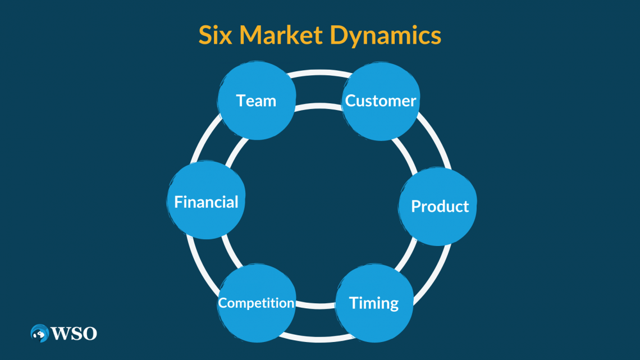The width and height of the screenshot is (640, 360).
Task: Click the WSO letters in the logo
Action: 75,334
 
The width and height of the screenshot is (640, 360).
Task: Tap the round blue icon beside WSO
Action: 39,333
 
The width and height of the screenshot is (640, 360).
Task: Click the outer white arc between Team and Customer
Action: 319,73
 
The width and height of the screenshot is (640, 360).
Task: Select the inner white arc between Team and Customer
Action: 318,106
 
